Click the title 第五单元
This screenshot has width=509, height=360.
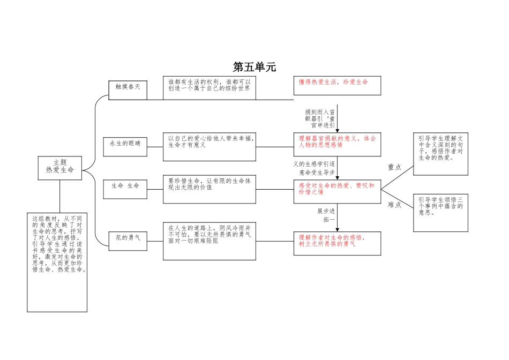tap(254, 67)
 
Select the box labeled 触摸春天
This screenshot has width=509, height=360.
tap(128, 87)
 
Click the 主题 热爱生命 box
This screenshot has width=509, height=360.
tap(60, 166)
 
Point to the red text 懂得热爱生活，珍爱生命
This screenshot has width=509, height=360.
tap(333, 82)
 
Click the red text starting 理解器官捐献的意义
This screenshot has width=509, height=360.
tap(337, 141)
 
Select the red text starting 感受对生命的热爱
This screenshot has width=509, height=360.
tap(336, 189)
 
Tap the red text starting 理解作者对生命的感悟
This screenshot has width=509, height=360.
tap(332, 241)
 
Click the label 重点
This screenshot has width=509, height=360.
tap(394, 167)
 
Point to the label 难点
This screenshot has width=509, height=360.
tap(394, 205)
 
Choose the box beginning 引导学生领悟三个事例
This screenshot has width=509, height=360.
tap(440, 206)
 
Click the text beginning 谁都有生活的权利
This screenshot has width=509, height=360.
tap(209, 85)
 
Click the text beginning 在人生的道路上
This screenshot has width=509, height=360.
tap(209, 234)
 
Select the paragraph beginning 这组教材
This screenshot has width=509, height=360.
tap(57, 244)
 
